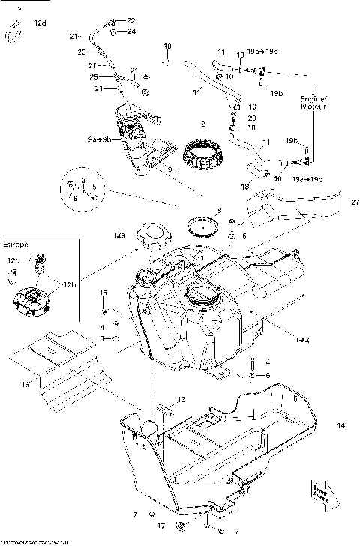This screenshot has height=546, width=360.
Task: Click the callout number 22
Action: coord(131,20)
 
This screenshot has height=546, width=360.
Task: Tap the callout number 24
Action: coord(131,31)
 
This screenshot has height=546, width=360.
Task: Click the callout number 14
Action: coord(341,425)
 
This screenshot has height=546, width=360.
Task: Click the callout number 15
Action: coord(105,292)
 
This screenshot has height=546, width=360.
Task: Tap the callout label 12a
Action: coord(119,235)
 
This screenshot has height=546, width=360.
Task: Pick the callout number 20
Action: coord(251,118)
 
